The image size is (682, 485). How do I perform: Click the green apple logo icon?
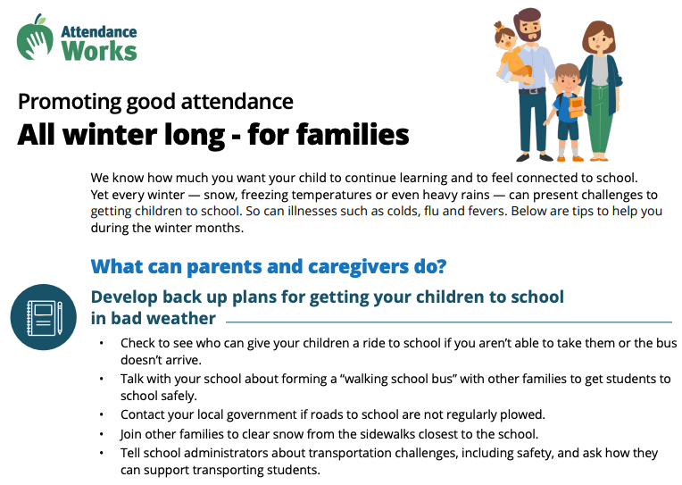[x=35, y=37]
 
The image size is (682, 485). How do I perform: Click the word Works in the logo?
[x=99, y=49]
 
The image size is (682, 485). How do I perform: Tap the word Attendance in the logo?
[x=98, y=29]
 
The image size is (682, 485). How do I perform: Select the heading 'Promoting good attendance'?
[x=155, y=101]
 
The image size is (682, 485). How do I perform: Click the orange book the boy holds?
[x=575, y=106]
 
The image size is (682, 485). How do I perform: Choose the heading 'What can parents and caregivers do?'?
[x=269, y=266]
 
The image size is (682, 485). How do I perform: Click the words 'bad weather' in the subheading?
[x=153, y=318]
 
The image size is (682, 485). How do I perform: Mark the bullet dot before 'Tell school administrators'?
[x=102, y=454]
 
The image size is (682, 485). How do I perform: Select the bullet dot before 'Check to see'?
[x=102, y=344]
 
